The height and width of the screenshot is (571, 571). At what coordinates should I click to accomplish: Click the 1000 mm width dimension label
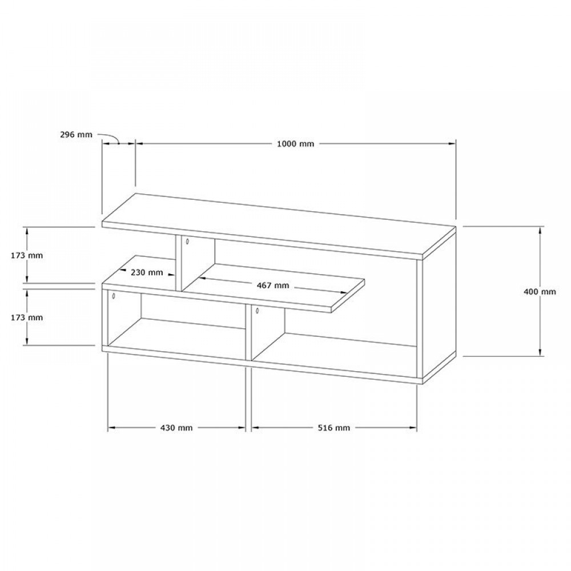click(295, 143)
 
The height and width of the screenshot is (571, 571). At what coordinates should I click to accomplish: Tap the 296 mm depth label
click(76, 134)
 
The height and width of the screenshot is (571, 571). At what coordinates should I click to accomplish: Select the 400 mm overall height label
click(540, 291)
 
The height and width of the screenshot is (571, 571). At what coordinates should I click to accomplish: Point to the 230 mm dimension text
click(147, 272)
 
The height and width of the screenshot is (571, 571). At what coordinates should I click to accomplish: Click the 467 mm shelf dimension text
click(273, 285)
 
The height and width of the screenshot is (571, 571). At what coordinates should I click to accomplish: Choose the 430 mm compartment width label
click(176, 428)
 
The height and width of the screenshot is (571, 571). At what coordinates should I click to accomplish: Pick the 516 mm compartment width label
click(334, 428)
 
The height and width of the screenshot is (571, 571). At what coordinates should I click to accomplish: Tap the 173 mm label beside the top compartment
click(27, 255)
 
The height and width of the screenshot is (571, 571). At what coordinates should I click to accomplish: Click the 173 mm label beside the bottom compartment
click(27, 317)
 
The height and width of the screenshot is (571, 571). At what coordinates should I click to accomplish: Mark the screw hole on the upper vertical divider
click(187, 241)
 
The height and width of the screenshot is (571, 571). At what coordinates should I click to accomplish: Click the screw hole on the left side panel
click(114, 296)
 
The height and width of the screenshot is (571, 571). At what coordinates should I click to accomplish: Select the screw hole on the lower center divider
click(258, 311)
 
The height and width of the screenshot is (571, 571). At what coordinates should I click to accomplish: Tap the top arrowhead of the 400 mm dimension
click(540, 230)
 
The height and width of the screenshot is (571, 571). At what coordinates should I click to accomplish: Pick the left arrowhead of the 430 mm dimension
click(112, 428)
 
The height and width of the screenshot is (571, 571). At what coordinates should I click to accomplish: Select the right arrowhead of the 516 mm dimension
click(413, 428)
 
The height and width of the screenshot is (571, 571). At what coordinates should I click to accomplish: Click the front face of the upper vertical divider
click(179, 263)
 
